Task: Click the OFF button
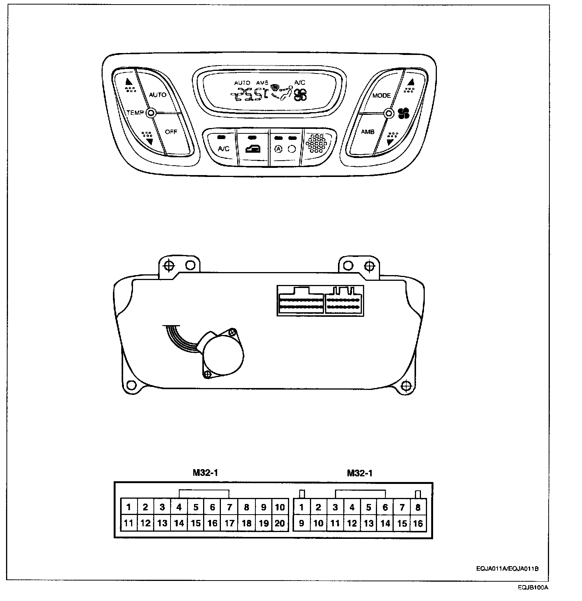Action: (171, 132)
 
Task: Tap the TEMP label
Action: (135, 113)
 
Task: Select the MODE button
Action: (381, 95)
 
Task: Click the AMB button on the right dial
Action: (368, 132)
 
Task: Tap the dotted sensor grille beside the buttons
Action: (316, 143)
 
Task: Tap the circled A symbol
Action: (278, 149)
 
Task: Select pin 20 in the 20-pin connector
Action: (280, 523)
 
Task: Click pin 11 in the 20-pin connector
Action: (129, 523)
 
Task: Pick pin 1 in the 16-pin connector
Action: (302, 507)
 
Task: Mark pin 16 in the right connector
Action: (418, 523)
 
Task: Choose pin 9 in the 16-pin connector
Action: (302, 523)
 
